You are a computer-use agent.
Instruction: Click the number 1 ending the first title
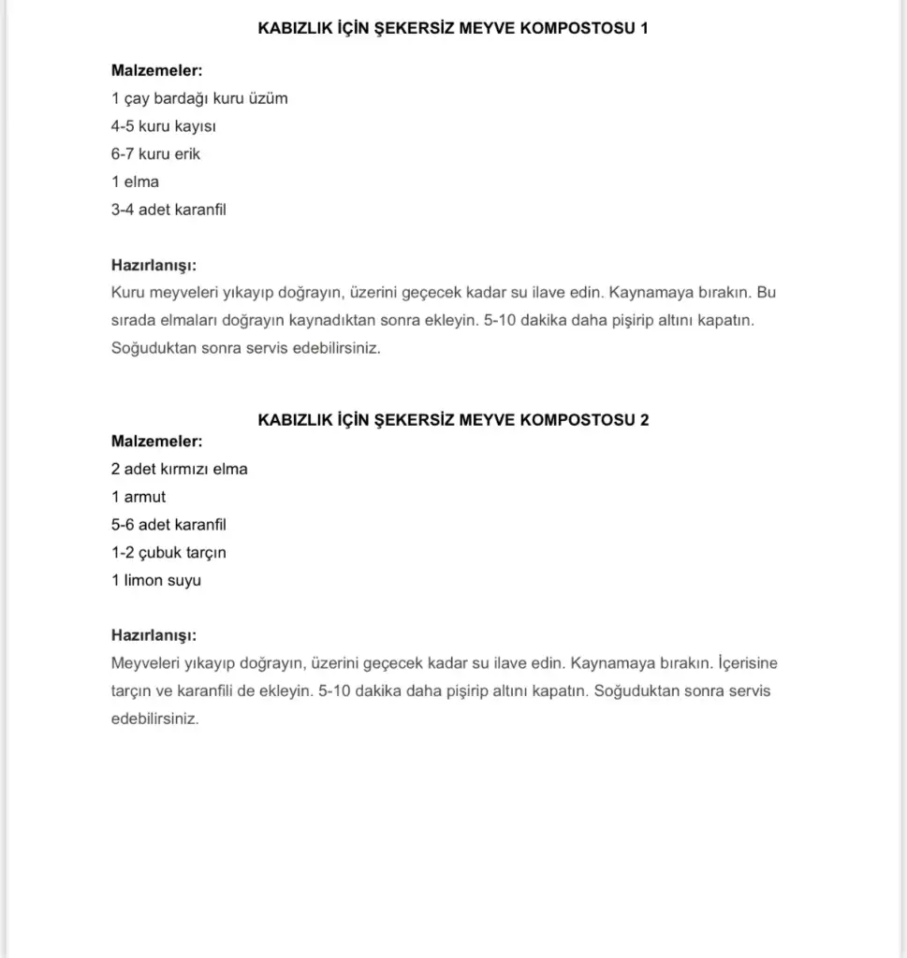643,28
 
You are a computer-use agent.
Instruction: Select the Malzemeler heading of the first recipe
156,70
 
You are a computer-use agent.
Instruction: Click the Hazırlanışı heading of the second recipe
154,635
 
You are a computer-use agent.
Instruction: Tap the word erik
186,153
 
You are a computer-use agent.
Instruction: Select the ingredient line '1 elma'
135,181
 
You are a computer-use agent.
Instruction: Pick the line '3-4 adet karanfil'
168,210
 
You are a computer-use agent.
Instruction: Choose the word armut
145,497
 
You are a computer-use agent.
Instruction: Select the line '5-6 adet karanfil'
168,525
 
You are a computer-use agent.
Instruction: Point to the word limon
143,580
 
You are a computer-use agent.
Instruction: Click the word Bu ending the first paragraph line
767,293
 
